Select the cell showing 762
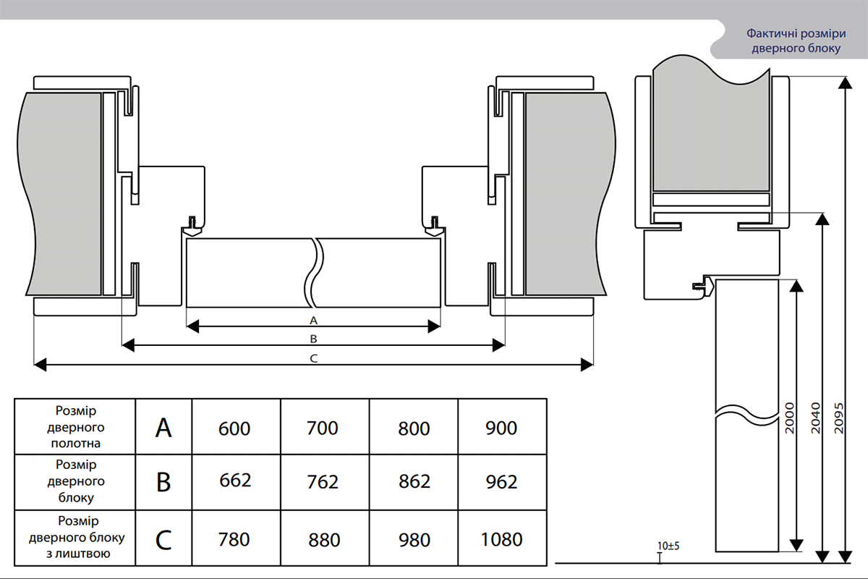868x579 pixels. (323, 482)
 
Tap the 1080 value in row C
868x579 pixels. (502, 539)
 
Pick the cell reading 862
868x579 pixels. (414, 482)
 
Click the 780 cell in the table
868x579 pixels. (234, 539)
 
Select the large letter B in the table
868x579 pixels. (163, 483)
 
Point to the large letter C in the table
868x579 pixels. (163, 540)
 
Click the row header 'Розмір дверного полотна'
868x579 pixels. (75, 427)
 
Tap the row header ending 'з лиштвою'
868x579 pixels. (77, 537)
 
